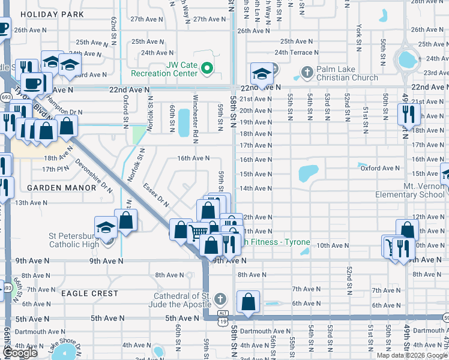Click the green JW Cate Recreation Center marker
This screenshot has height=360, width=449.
tap(207, 68)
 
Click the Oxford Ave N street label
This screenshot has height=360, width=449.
tap(380, 169)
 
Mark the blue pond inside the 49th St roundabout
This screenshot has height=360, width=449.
tap(407, 59)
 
